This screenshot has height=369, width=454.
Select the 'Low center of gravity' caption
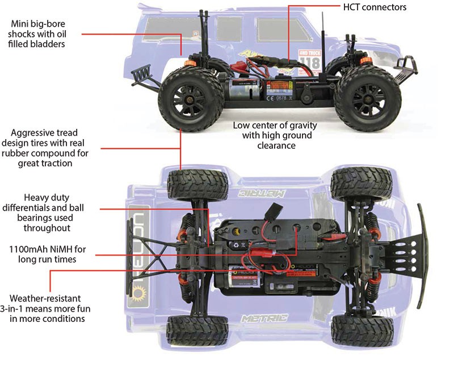pyautogui.click(x=275, y=135)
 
